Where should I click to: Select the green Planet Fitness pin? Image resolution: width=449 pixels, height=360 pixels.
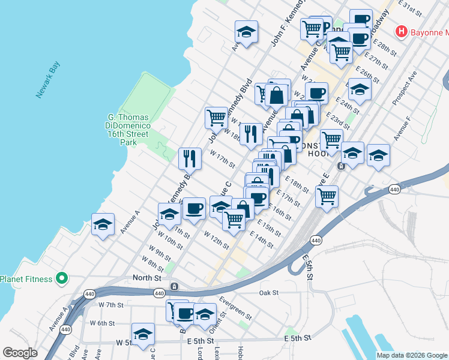click(x=61, y=278)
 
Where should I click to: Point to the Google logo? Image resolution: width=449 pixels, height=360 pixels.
click(x=20, y=353)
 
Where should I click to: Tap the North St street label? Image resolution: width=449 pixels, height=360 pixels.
click(x=146, y=278)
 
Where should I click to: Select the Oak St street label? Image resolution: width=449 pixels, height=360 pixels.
click(x=270, y=293)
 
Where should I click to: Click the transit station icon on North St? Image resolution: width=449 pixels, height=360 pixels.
click(x=173, y=287)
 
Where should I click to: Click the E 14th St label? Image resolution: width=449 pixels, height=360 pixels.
click(x=262, y=242)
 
